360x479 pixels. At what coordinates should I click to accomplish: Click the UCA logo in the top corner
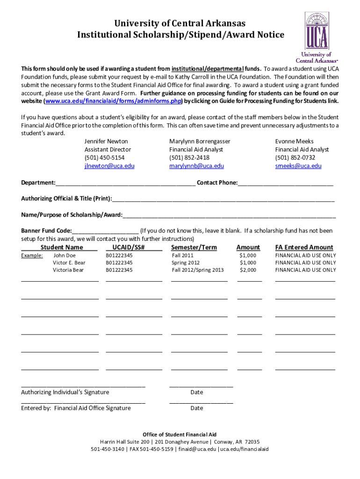click(317, 37)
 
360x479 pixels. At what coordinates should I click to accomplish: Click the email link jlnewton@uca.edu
click(109, 166)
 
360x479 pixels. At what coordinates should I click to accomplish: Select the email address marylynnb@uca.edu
click(196, 166)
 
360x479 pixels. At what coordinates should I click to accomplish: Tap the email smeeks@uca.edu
click(298, 166)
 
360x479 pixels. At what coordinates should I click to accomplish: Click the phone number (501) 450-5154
click(104, 158)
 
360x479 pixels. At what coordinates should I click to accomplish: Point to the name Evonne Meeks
click(294, 141)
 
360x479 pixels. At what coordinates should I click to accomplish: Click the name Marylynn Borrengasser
click(200, 141)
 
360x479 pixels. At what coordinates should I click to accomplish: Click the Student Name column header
click(62, 247)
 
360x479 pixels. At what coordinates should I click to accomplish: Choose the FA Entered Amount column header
click(304, 247)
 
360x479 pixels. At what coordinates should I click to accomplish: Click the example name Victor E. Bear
click(69, 263)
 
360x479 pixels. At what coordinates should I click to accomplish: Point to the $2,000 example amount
click(248, 270)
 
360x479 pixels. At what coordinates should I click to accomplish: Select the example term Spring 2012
click(186, 263)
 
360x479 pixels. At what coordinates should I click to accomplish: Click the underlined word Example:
click(32, 255)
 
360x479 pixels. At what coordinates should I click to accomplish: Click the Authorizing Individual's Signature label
click(65, 392)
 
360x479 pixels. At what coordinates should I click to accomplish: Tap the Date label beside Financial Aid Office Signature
click(197, 408)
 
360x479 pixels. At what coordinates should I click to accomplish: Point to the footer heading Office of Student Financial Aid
click(180, 435)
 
